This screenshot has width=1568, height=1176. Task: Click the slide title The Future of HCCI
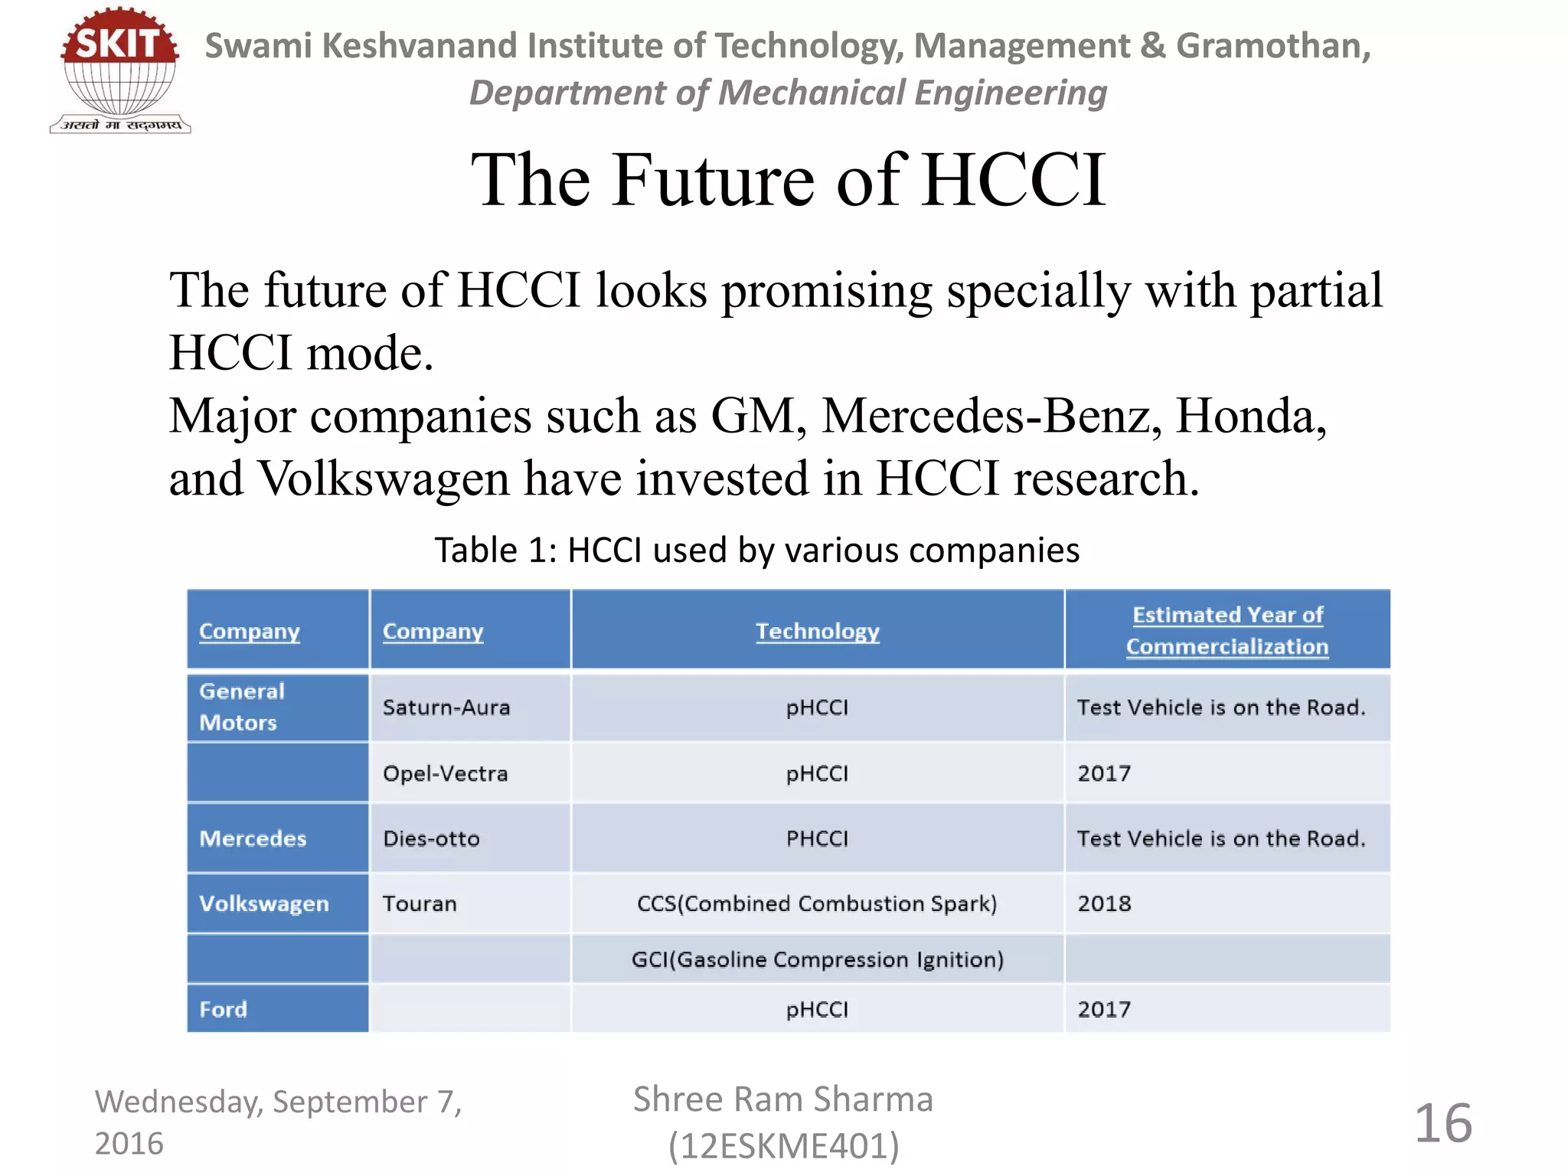coord(789,180)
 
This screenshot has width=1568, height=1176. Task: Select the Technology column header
coord(817,631)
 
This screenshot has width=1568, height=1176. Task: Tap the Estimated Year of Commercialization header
coord(1227,630)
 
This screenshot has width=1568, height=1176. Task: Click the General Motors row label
coord(242,707)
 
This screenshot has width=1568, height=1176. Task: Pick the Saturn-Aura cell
coord(446,707)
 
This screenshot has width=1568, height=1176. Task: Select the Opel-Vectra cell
coord(445,773)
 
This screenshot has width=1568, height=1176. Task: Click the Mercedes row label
coord(253,838)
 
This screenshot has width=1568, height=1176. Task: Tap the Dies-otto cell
coord(431,838)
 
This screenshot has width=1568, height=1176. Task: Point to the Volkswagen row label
coord(264,903)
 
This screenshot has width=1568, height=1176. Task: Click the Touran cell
coord(420,903)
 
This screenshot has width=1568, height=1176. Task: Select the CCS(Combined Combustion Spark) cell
coord(817,903)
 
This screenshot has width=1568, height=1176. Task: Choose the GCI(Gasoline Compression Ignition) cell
coord(817,959)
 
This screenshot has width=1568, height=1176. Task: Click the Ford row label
coord(224,1009)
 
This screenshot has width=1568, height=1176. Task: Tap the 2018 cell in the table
coord(1104,903)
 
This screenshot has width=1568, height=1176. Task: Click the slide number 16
coord(1443,1123)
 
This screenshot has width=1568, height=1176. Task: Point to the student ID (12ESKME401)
coord(783,1146)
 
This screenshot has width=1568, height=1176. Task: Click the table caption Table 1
coord(757,550)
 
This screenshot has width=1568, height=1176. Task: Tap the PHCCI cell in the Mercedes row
coord(817,838)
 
